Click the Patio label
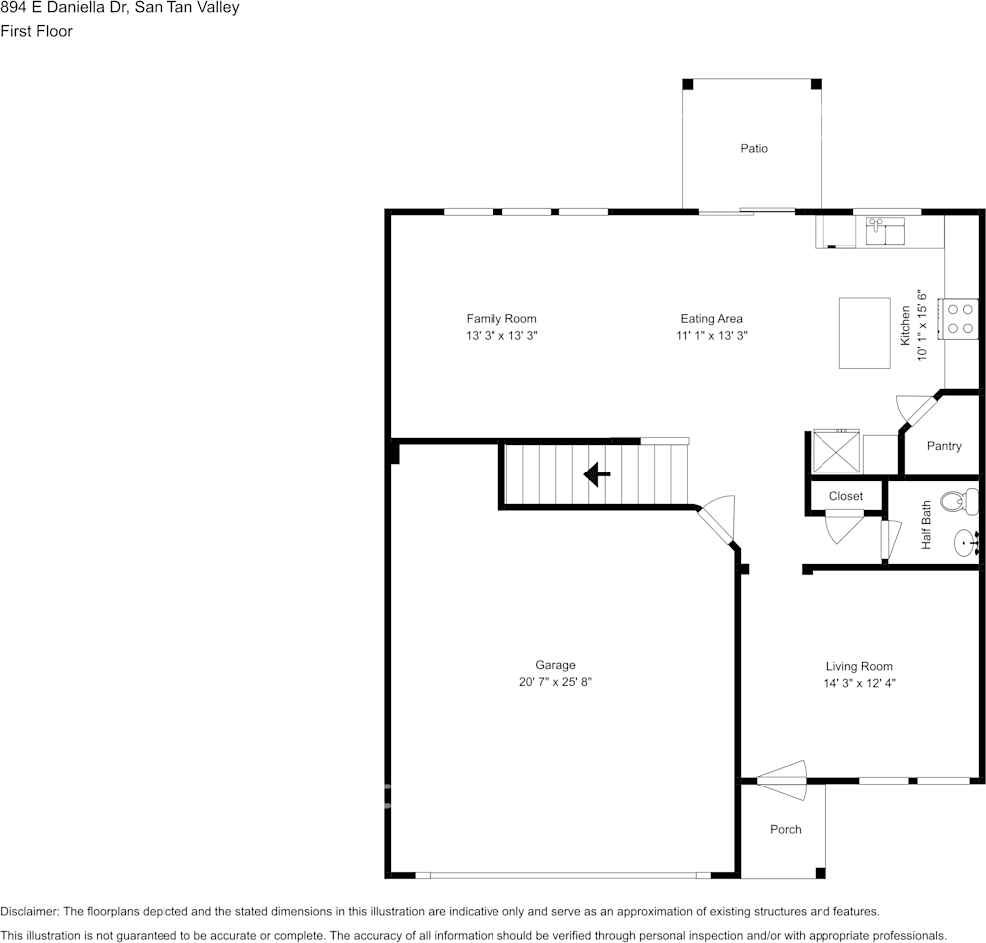(754, 148)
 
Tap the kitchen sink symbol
(884, 231)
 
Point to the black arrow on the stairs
(597, 474)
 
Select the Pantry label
(943, 446)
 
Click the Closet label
(845, 496)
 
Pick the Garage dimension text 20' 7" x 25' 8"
(555, 683)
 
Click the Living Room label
(858, 666)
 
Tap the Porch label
(785, 829)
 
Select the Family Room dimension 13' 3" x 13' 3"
(501, 337)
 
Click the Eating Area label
(711, 319)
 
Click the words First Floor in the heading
(37, 31)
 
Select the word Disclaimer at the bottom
(29, 911)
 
